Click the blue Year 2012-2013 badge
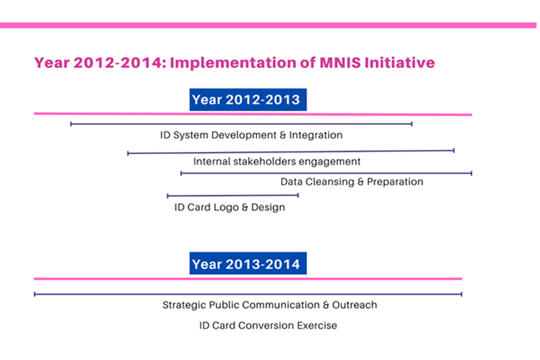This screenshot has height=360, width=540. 248,99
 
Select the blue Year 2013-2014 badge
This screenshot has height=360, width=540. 248,264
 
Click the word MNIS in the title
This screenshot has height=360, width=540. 340,62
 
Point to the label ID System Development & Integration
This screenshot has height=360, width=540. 252,135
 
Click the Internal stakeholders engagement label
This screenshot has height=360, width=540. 277,162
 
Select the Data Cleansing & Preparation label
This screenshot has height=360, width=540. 352,182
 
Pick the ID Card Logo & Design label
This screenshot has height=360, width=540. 230,207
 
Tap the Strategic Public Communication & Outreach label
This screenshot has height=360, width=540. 270,305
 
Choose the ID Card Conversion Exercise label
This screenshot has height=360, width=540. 268,325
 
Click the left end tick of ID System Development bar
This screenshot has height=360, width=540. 71,124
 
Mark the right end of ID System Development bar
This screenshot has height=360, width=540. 412,124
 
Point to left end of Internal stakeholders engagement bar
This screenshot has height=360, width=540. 128,153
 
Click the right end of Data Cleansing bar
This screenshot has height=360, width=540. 471,173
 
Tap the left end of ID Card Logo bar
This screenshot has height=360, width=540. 167,196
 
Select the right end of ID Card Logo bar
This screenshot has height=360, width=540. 298,195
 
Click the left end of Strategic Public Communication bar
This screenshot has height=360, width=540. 35,294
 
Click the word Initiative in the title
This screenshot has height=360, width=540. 399,62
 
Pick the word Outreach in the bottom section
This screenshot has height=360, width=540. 355,305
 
